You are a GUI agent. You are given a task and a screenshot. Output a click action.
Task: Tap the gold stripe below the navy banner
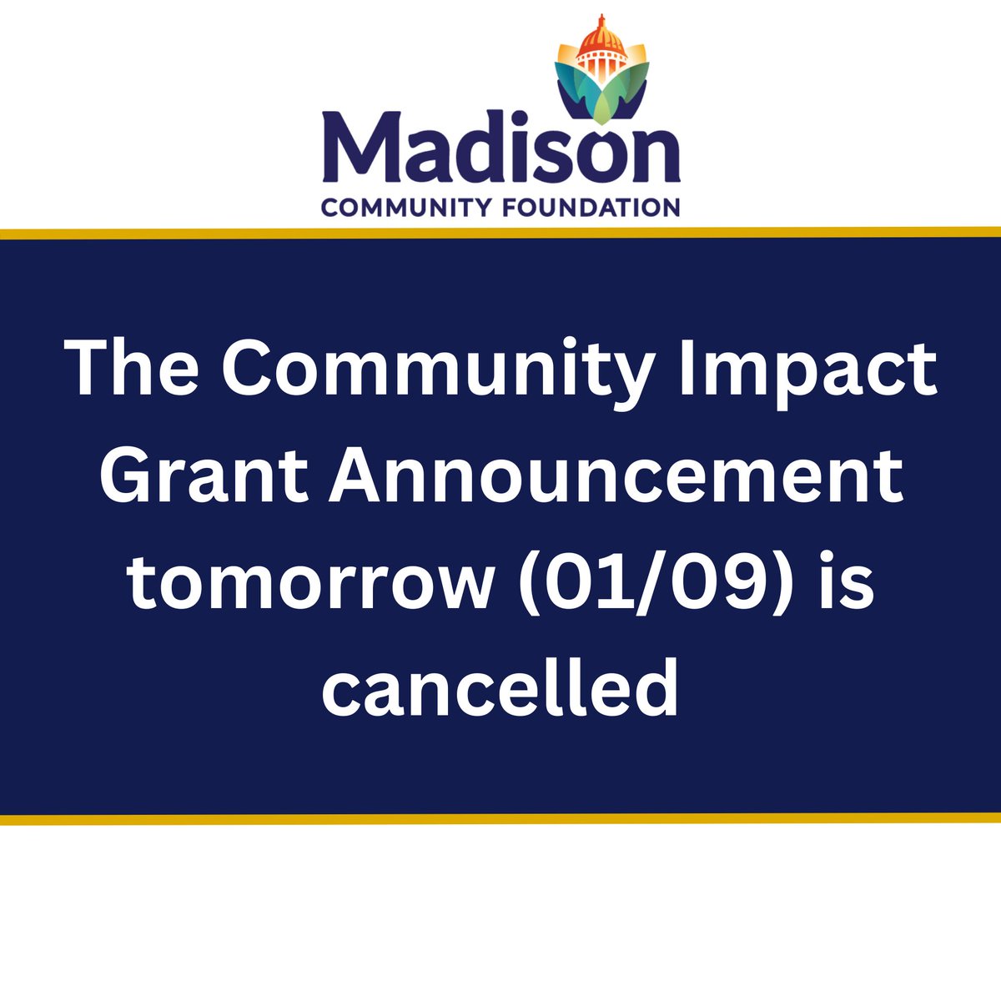pyautogui.click(x=500, y=819)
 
